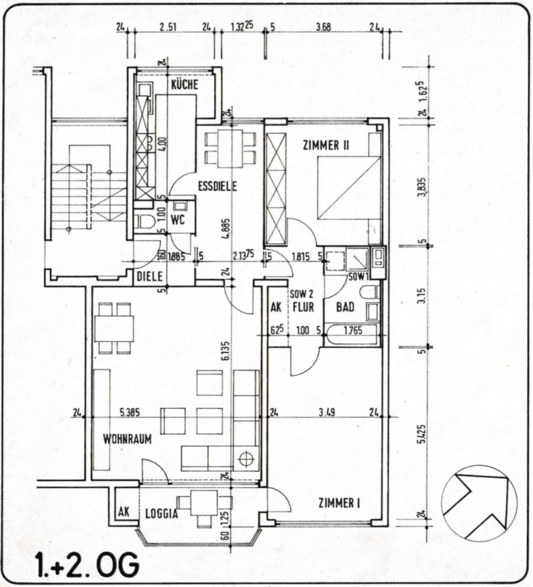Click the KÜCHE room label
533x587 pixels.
coord(184,85)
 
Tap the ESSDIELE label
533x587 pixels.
coord(217,187)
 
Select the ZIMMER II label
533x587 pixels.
coord(325,145)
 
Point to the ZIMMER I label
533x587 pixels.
coord(339,502)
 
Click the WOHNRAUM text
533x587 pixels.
coord(127,438)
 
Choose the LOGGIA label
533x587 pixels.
coord(161,514)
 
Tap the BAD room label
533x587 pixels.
coord(345,306)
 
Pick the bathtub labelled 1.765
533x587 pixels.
coord(353,333)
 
